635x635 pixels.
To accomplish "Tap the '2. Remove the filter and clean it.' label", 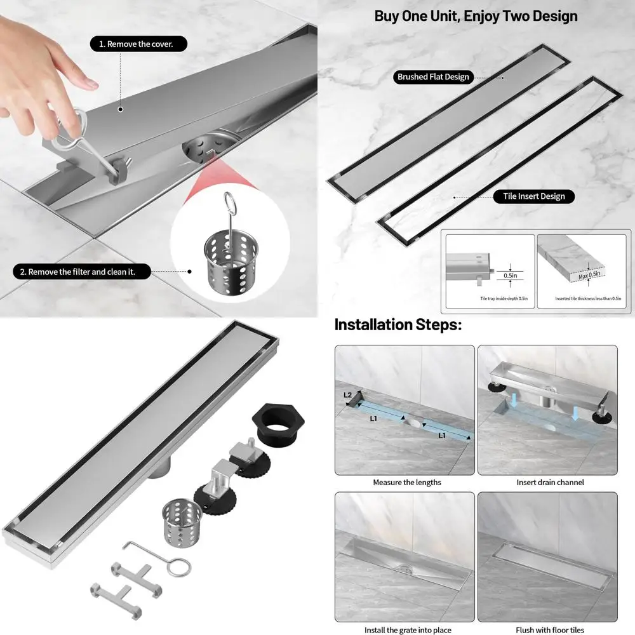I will click(x=82, y=272).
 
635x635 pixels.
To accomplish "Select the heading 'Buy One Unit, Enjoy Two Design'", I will click(x=476, y=16).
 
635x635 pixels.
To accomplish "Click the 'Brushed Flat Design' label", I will click(x=433, y=77).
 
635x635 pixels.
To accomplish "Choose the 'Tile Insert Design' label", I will click(x=533, y=196).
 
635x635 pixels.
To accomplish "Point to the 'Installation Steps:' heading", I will click(x=398, y=325).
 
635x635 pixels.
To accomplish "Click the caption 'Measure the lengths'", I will click(x=406, y=482).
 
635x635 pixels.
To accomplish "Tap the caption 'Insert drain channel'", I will click(x=550, y=482).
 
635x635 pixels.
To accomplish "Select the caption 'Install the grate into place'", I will click(x=408, y=630).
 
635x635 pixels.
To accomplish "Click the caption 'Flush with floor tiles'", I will click(x=550, y=630).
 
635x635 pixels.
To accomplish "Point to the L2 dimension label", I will click(x=348, y=395).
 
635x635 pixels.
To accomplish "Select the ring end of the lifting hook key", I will click(x=178, y=566).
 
